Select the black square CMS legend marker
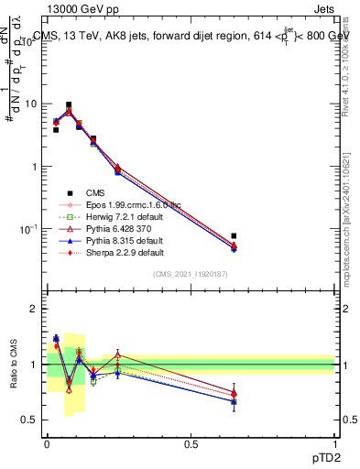click(68, 192)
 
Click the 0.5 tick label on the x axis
click(191, 444)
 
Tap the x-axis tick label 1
click(334, 444)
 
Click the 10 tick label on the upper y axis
click(32, 104)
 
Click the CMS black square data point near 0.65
click(234, 236)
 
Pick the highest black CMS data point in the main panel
click(69, 105)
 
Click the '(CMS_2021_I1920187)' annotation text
click(190, 274)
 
